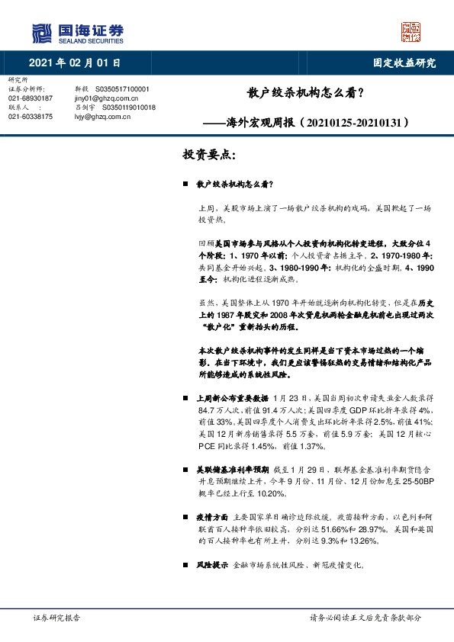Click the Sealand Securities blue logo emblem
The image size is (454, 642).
(x=43, y=33)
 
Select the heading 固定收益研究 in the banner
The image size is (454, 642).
(x=404, y=63)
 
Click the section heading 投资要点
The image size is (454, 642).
(x=208, y=155)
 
